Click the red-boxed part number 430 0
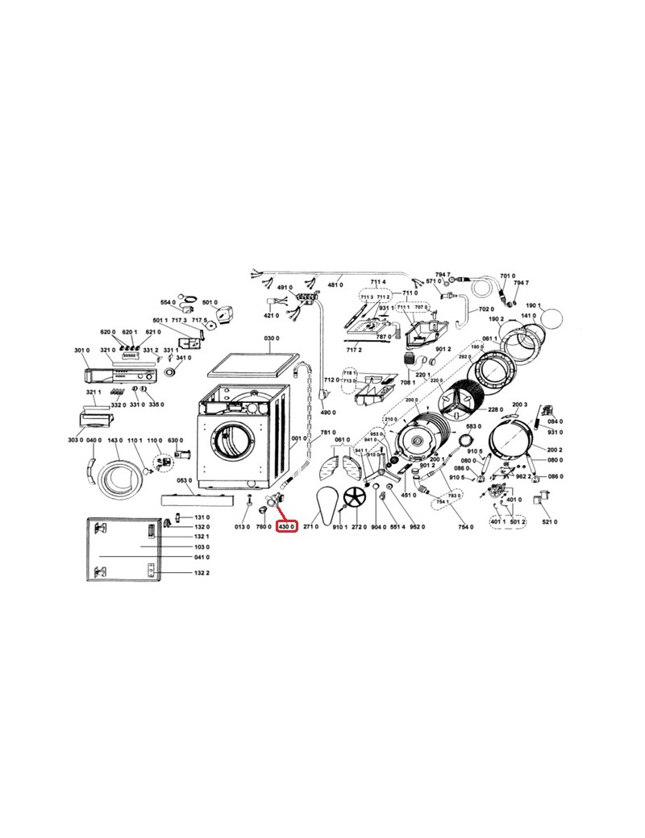click(x=288, y=526)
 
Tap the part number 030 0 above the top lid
click(x=271, y=338)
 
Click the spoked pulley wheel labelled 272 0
click(x=353, y=498)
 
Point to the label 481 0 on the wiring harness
click(x=335, y=285)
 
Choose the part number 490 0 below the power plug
click(x=327, y=413)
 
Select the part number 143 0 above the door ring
click(x=115, y=440)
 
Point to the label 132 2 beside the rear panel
click(x=202, y=573)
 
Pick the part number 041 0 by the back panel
click(x=202, y=558)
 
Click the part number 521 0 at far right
click(x=550, y=522)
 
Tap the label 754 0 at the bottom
click(x=464, y=526)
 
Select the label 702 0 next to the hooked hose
click(x=485, y=309)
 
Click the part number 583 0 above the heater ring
click(x=473, y=425)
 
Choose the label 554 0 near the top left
click(x=168, y=302)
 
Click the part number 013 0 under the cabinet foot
click(x=242, y=526)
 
